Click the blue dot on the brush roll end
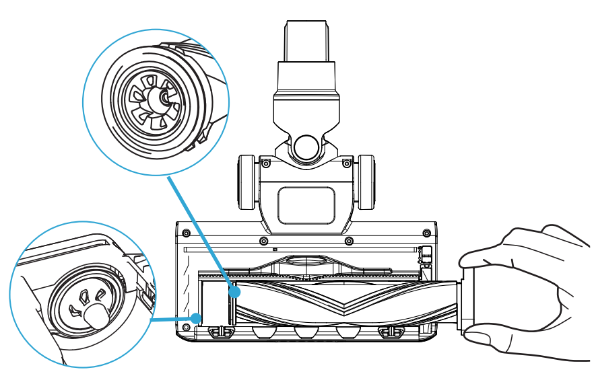pos(234,293)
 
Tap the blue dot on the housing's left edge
pos(195,317)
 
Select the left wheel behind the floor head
pos(246,183)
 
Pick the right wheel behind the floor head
pos(366,183)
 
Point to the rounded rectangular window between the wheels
pos(306,204)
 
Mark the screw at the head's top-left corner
pos(187,233)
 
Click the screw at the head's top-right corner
pos(426,233)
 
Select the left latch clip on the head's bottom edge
pos(217,332)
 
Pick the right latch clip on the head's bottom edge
pos(387,332)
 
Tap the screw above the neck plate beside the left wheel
pos(266,164)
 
